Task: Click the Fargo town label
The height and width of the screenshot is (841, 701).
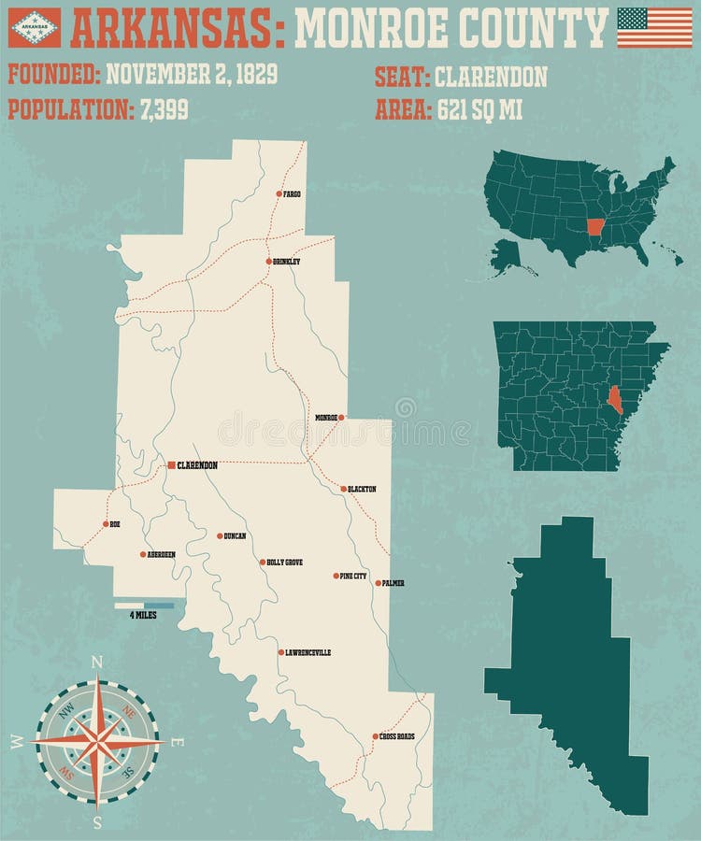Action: (x=293, y=194)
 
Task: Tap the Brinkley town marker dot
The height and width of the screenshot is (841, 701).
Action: (x=268, y=261)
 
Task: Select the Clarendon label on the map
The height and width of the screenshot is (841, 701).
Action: (x=197, y=464)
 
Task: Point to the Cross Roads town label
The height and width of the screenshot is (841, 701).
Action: (x=397, y=736)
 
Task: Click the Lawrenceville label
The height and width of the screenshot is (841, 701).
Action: (x=308, y=652)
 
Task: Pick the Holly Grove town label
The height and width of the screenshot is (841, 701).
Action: (x=285, y=563)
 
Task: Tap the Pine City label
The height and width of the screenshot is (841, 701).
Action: (x=354, y=576)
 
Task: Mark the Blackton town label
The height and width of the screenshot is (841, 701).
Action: (x=362, y=489)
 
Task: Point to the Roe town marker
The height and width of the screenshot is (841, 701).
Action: (x=106, y=524)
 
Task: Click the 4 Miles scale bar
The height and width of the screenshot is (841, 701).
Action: (x=145, y=606)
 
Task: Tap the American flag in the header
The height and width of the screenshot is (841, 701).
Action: (x=654, y=27)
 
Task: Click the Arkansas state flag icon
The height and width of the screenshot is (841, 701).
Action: (x=35, y=27)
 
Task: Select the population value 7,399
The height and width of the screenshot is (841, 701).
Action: (x=165, y=109)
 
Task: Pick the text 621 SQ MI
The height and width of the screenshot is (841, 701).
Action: (x=479, y=109)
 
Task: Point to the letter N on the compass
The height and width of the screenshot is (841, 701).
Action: (x=96, y=662)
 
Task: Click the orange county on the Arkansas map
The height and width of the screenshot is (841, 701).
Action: (x=614, y=399)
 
